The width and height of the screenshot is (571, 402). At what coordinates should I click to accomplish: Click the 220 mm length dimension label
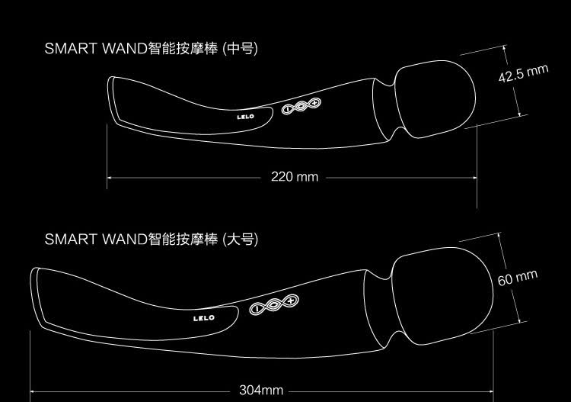295,177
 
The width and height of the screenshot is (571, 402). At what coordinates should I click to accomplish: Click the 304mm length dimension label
261,390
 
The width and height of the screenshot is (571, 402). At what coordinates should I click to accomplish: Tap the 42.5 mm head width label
523,73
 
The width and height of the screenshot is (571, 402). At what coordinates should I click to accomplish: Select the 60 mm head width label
518,278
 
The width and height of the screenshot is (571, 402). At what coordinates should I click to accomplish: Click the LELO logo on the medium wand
245,117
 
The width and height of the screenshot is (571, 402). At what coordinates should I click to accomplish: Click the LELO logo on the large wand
204,318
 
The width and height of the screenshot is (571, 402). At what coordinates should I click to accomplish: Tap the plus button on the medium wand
314,103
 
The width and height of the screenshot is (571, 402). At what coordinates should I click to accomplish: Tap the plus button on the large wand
291,301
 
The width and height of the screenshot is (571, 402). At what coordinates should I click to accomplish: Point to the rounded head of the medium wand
435,99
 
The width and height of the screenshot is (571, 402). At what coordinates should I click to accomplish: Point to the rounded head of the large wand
442,296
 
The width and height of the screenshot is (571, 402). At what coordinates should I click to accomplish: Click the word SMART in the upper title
71,49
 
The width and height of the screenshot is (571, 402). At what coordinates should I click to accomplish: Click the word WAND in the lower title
125,240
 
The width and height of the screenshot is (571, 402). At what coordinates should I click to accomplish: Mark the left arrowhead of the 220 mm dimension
110,178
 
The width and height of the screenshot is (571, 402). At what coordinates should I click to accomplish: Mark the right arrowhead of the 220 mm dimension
474,178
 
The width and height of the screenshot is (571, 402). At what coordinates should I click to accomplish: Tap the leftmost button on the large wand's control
257,309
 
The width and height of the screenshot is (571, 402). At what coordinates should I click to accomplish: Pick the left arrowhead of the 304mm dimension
33,392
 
